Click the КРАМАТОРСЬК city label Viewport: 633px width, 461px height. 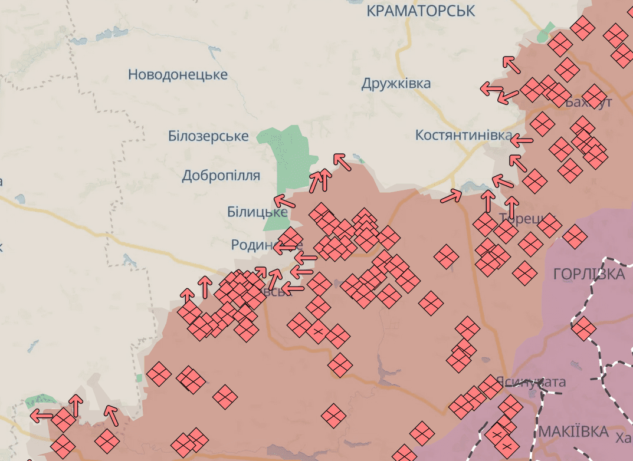tap(420, 11)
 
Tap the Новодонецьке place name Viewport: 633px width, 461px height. tap(178, 75)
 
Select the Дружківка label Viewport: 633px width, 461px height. tap(396, 83)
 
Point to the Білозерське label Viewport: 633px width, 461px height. tap(208, 136)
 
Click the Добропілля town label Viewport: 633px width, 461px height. tap(221, 175)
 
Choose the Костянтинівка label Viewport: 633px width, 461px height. tap(463, 135)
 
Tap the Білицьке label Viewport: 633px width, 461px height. tap(257, 212)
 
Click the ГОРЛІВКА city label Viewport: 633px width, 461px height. tap(589, 274)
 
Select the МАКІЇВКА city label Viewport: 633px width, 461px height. tap(573, 432)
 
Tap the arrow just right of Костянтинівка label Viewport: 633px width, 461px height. tap(521, 141)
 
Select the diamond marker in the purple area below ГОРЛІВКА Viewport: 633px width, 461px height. tap(583, 328)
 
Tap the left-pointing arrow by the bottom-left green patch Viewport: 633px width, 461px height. tap(41, 415)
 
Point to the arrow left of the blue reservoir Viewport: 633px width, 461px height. tap(451, 196)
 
